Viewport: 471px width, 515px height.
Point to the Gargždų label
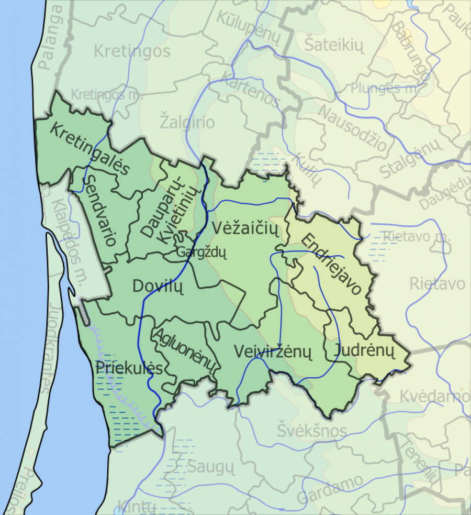(x=201, y=252)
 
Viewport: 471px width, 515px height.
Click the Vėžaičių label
(x=246, y=228)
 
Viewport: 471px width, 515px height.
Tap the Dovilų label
(x=156, y=286)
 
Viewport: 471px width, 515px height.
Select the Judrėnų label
(x=364, y=350)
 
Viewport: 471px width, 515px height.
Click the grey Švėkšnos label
(x=311, y=431)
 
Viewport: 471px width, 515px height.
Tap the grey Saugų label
(x=209, y=465)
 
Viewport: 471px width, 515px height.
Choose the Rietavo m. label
(x=417, y=236)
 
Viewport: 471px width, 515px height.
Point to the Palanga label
(x=53, y=36)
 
